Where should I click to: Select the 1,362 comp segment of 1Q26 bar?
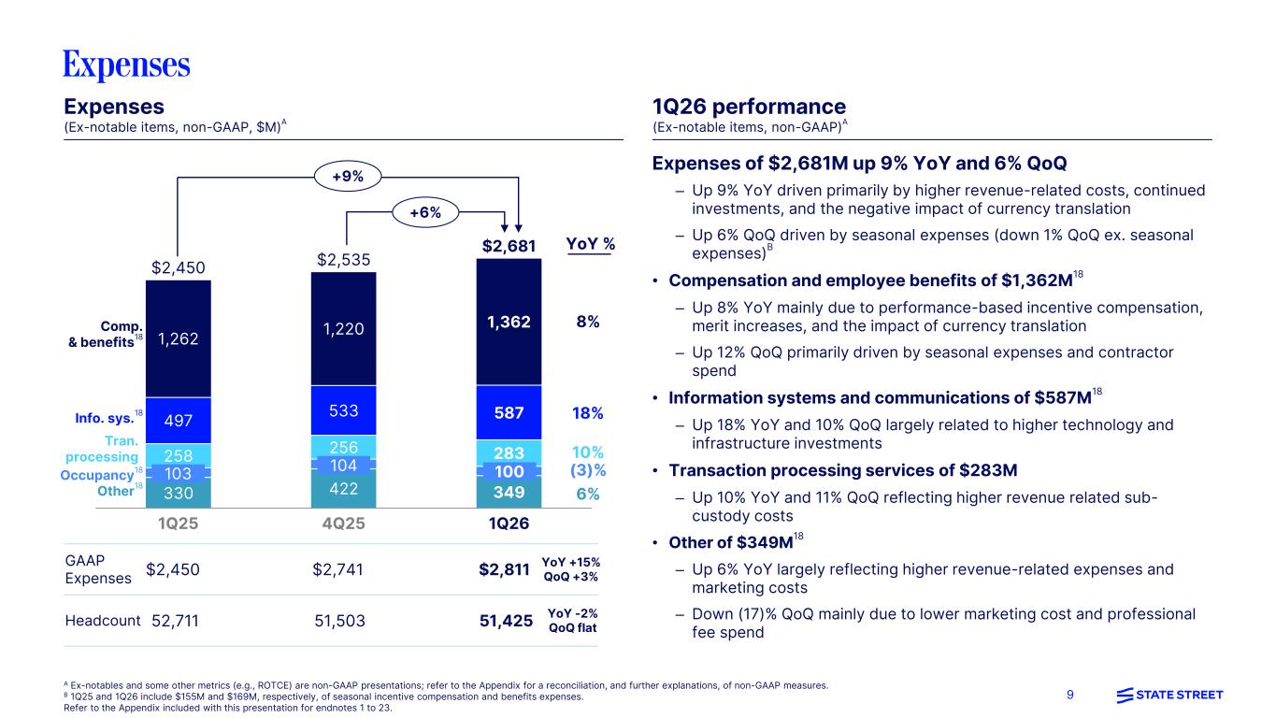tap(509, 322)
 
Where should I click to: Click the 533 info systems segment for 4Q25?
tap(343, 409)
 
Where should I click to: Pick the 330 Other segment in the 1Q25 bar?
tap(179, 492)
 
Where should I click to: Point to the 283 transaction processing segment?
tap(509, 451)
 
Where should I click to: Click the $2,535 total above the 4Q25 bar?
tap(343, 258)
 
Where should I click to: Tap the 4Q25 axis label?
tap(343, 524)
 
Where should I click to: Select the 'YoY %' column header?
tap(591, 245)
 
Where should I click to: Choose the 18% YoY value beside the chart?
tap(588, 413)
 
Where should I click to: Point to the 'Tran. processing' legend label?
tap(102, 449)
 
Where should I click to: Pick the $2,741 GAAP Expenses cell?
tap(339, 569)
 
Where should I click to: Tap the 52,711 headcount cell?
tap(176, 620)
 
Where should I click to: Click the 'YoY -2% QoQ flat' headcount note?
tap(572, 620)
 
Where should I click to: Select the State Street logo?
tap(1168, 695)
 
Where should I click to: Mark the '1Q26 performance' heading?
tap(748, 107)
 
